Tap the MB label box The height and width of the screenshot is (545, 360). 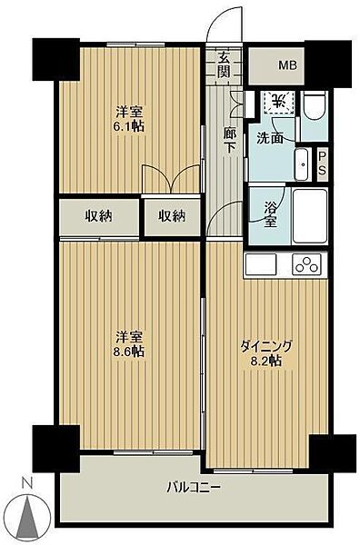[287, 65]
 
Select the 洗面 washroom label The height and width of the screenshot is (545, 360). [269, 139]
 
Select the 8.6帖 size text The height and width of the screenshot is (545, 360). [128, 351]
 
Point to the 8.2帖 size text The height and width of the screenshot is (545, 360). [266, 361]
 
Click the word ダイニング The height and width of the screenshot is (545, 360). [265, 345]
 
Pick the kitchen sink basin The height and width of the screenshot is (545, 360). [261, 265]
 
